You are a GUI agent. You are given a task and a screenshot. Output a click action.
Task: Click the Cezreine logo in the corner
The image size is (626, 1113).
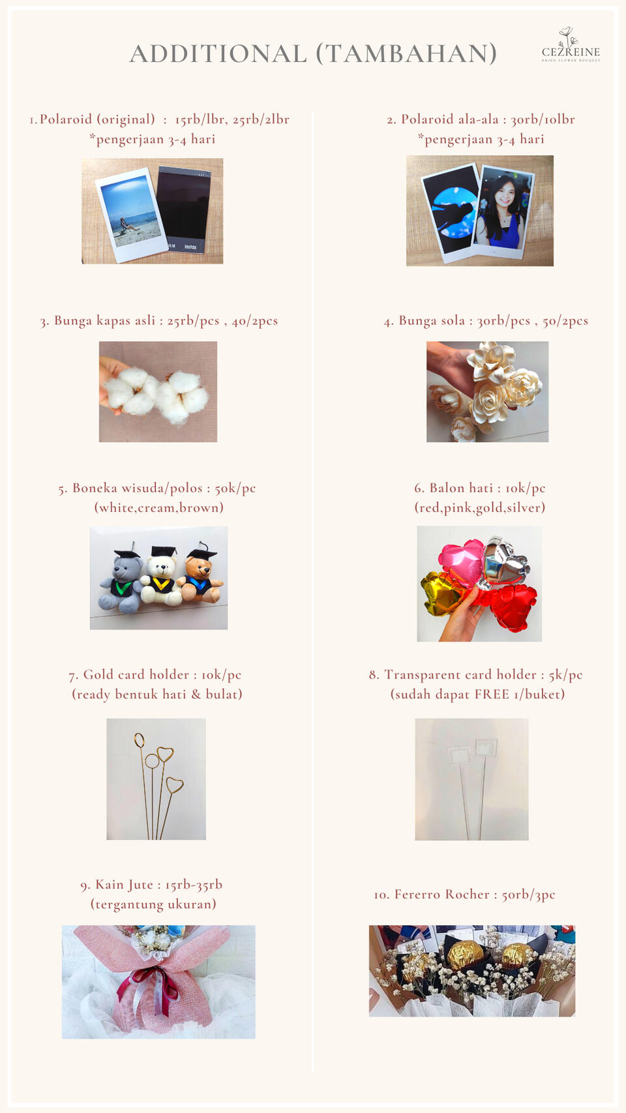coord(571,45)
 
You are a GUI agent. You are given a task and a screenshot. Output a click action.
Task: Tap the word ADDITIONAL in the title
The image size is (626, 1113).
coord(218,53)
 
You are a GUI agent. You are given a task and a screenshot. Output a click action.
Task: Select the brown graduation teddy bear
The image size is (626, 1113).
coord(201,576)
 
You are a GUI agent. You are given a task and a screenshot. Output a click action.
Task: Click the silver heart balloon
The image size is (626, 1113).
coord(506,562)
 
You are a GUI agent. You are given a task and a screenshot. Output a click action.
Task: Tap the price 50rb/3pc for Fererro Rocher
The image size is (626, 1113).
coord(528,894)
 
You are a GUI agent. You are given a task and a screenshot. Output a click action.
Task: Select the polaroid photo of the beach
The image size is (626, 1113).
coord(132,215)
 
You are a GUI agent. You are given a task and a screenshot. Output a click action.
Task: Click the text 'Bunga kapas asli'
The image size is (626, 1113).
coord(105,320)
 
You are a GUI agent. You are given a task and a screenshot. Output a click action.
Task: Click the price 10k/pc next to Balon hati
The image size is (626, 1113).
coord(526,489)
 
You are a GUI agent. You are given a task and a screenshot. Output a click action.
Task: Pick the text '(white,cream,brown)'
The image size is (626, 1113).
coord(159,508)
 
